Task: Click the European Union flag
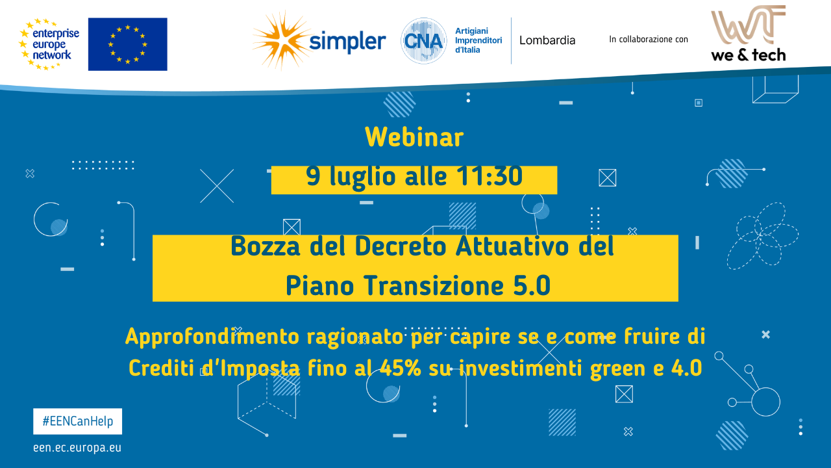point(127,44)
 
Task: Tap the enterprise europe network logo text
point(55,44)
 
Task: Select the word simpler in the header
point(347,42)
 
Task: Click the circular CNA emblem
point(423,41)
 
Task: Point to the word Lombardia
point(547,40)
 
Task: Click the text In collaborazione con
point(648,40)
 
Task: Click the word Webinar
point(414,138)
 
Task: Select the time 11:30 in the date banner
point(488,177)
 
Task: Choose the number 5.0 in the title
point(531,286)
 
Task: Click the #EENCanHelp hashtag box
point(78,421)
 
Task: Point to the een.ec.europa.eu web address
point(77,448)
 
